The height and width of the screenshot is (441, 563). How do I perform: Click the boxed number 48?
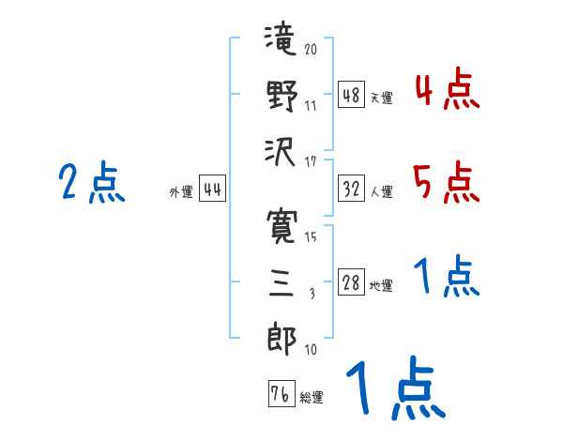tap(351, 96)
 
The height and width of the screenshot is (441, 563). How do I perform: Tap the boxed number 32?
tap(351, 190)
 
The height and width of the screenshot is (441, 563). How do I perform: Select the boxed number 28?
tap(351, 283)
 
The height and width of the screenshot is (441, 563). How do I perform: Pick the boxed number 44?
tap(212, 190)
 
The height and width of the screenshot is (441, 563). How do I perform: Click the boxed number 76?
tap(281, 394)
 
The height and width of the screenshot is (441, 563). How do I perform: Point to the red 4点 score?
tap(446, 92)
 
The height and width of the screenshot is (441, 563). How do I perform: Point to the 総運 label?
tap(312, 398)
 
